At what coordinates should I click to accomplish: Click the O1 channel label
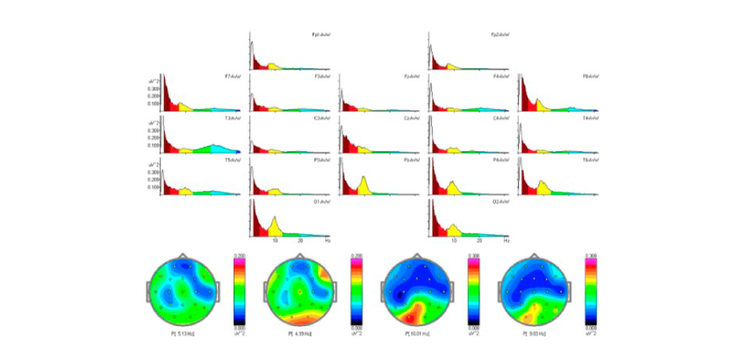click(321, 202)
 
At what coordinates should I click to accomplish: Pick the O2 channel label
click(501, 202)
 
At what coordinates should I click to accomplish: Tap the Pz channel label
click(412, 161)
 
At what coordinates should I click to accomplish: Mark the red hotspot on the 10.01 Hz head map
click(412, 317)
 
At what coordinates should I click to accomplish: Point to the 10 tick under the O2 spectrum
click(455, 242)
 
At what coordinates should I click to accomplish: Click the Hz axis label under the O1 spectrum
click(327, 242)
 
